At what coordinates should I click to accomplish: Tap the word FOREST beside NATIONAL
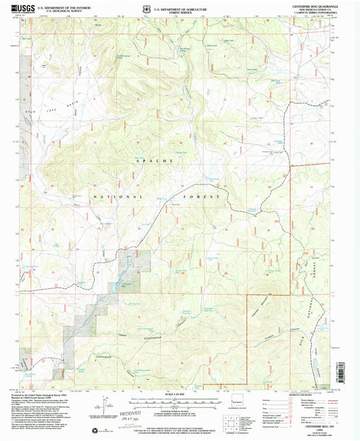click(x=207, y=196)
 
